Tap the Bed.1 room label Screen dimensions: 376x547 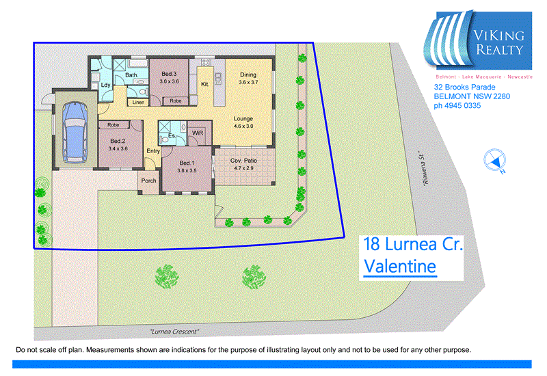[187, 163]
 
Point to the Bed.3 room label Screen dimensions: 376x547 [169, 74]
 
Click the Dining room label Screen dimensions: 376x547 [248, 75]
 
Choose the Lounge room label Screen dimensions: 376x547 [243, 118]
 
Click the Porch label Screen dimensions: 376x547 [148, 181]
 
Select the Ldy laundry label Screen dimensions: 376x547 [106, 85]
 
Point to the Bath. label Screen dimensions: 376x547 [132, 75]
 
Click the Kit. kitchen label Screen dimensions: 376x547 [204, 85]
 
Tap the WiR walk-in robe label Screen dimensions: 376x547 [197, 133]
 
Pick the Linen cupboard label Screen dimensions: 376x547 [138, 103]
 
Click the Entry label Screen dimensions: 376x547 [152, 151]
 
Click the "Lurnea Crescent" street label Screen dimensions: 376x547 [174, 332]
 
